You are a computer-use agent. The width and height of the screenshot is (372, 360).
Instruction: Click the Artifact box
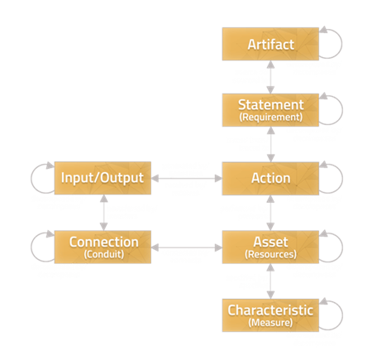269,44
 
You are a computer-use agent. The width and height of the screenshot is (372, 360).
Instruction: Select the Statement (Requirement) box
269,110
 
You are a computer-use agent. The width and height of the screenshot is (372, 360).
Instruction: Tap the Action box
269,178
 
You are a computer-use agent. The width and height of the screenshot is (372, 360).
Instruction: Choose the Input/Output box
103,178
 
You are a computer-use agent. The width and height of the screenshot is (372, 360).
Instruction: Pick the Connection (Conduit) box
103,246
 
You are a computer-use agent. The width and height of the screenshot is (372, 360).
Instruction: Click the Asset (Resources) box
269,246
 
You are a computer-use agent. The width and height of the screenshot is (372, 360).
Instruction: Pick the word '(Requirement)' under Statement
269,117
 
